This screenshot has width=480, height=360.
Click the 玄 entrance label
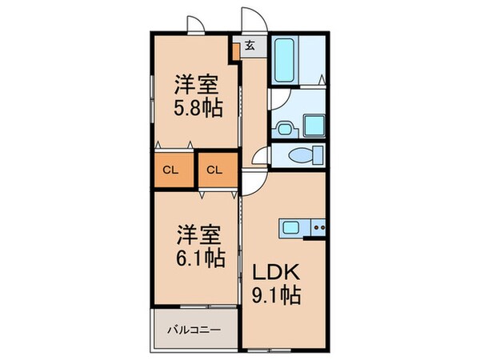(x=250, y=45)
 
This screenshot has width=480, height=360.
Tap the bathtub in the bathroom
(x=286, y=59)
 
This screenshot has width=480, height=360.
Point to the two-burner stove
(x=318, y=227)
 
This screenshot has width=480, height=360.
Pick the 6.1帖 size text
(x=199, y=259)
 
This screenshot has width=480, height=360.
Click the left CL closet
(x=171, y=170)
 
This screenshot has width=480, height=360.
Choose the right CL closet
(x=214, y=170)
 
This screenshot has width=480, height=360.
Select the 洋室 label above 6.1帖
(x=198, y=235)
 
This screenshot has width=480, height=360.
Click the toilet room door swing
(x=260, y=157)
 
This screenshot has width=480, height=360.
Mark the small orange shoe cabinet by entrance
(x=235, y=53)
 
